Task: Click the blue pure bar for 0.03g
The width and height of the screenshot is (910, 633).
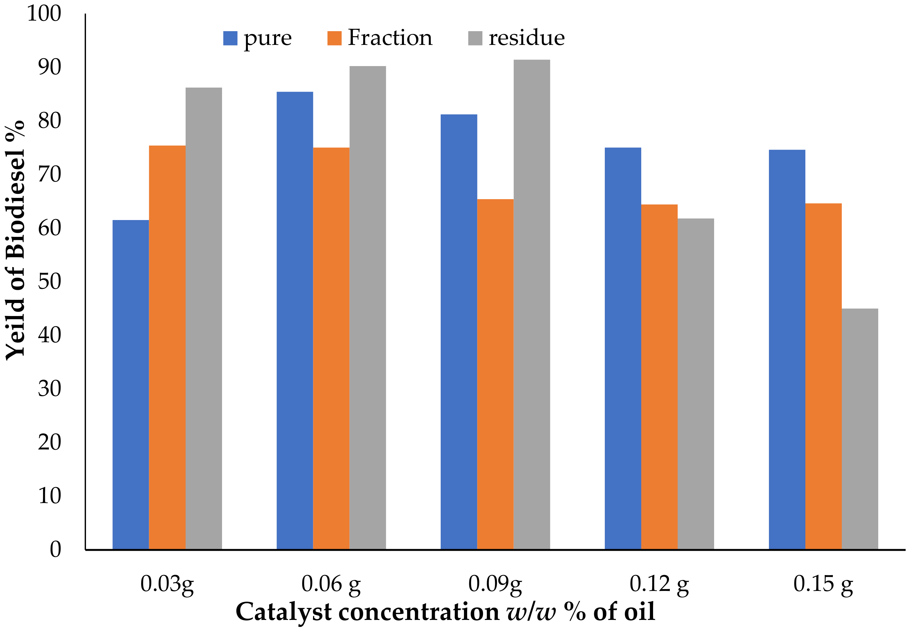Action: tap(130, 384)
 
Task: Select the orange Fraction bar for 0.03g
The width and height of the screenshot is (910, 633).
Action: tap(167, 347)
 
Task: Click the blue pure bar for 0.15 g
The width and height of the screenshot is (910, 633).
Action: tap(787, 349)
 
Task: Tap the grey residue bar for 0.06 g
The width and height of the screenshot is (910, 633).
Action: tap(367, 307)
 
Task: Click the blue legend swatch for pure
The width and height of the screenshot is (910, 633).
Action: tap(230, 38)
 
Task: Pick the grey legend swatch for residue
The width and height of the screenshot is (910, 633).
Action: tap(475, 38)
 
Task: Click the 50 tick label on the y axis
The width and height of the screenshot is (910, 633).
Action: tap(50, 282)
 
